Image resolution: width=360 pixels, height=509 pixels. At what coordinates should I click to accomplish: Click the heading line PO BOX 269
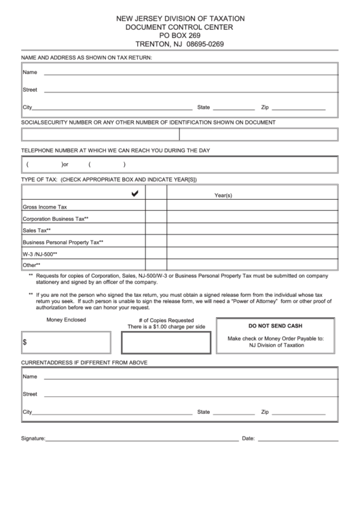(180, 35)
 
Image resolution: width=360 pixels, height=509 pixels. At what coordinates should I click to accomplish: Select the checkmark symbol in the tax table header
(134, 194)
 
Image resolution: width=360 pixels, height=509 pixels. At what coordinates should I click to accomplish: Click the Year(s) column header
(223, 195)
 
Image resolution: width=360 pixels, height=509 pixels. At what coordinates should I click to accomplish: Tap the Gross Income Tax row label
(45, 207)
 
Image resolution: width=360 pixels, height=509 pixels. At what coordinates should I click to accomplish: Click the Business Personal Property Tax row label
(62, 242)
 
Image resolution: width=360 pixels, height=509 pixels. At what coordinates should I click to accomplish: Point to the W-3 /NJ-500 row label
(40, 253)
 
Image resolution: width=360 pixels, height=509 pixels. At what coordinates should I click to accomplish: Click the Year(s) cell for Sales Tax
(252, 230)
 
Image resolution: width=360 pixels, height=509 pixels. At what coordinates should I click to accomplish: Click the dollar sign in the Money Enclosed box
(25, 343)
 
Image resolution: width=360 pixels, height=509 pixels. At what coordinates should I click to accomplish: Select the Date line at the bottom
(297, 439)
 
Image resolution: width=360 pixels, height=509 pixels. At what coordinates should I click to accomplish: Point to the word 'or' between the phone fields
(66, 164)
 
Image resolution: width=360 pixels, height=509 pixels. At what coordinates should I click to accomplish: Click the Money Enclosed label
(66, 319)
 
